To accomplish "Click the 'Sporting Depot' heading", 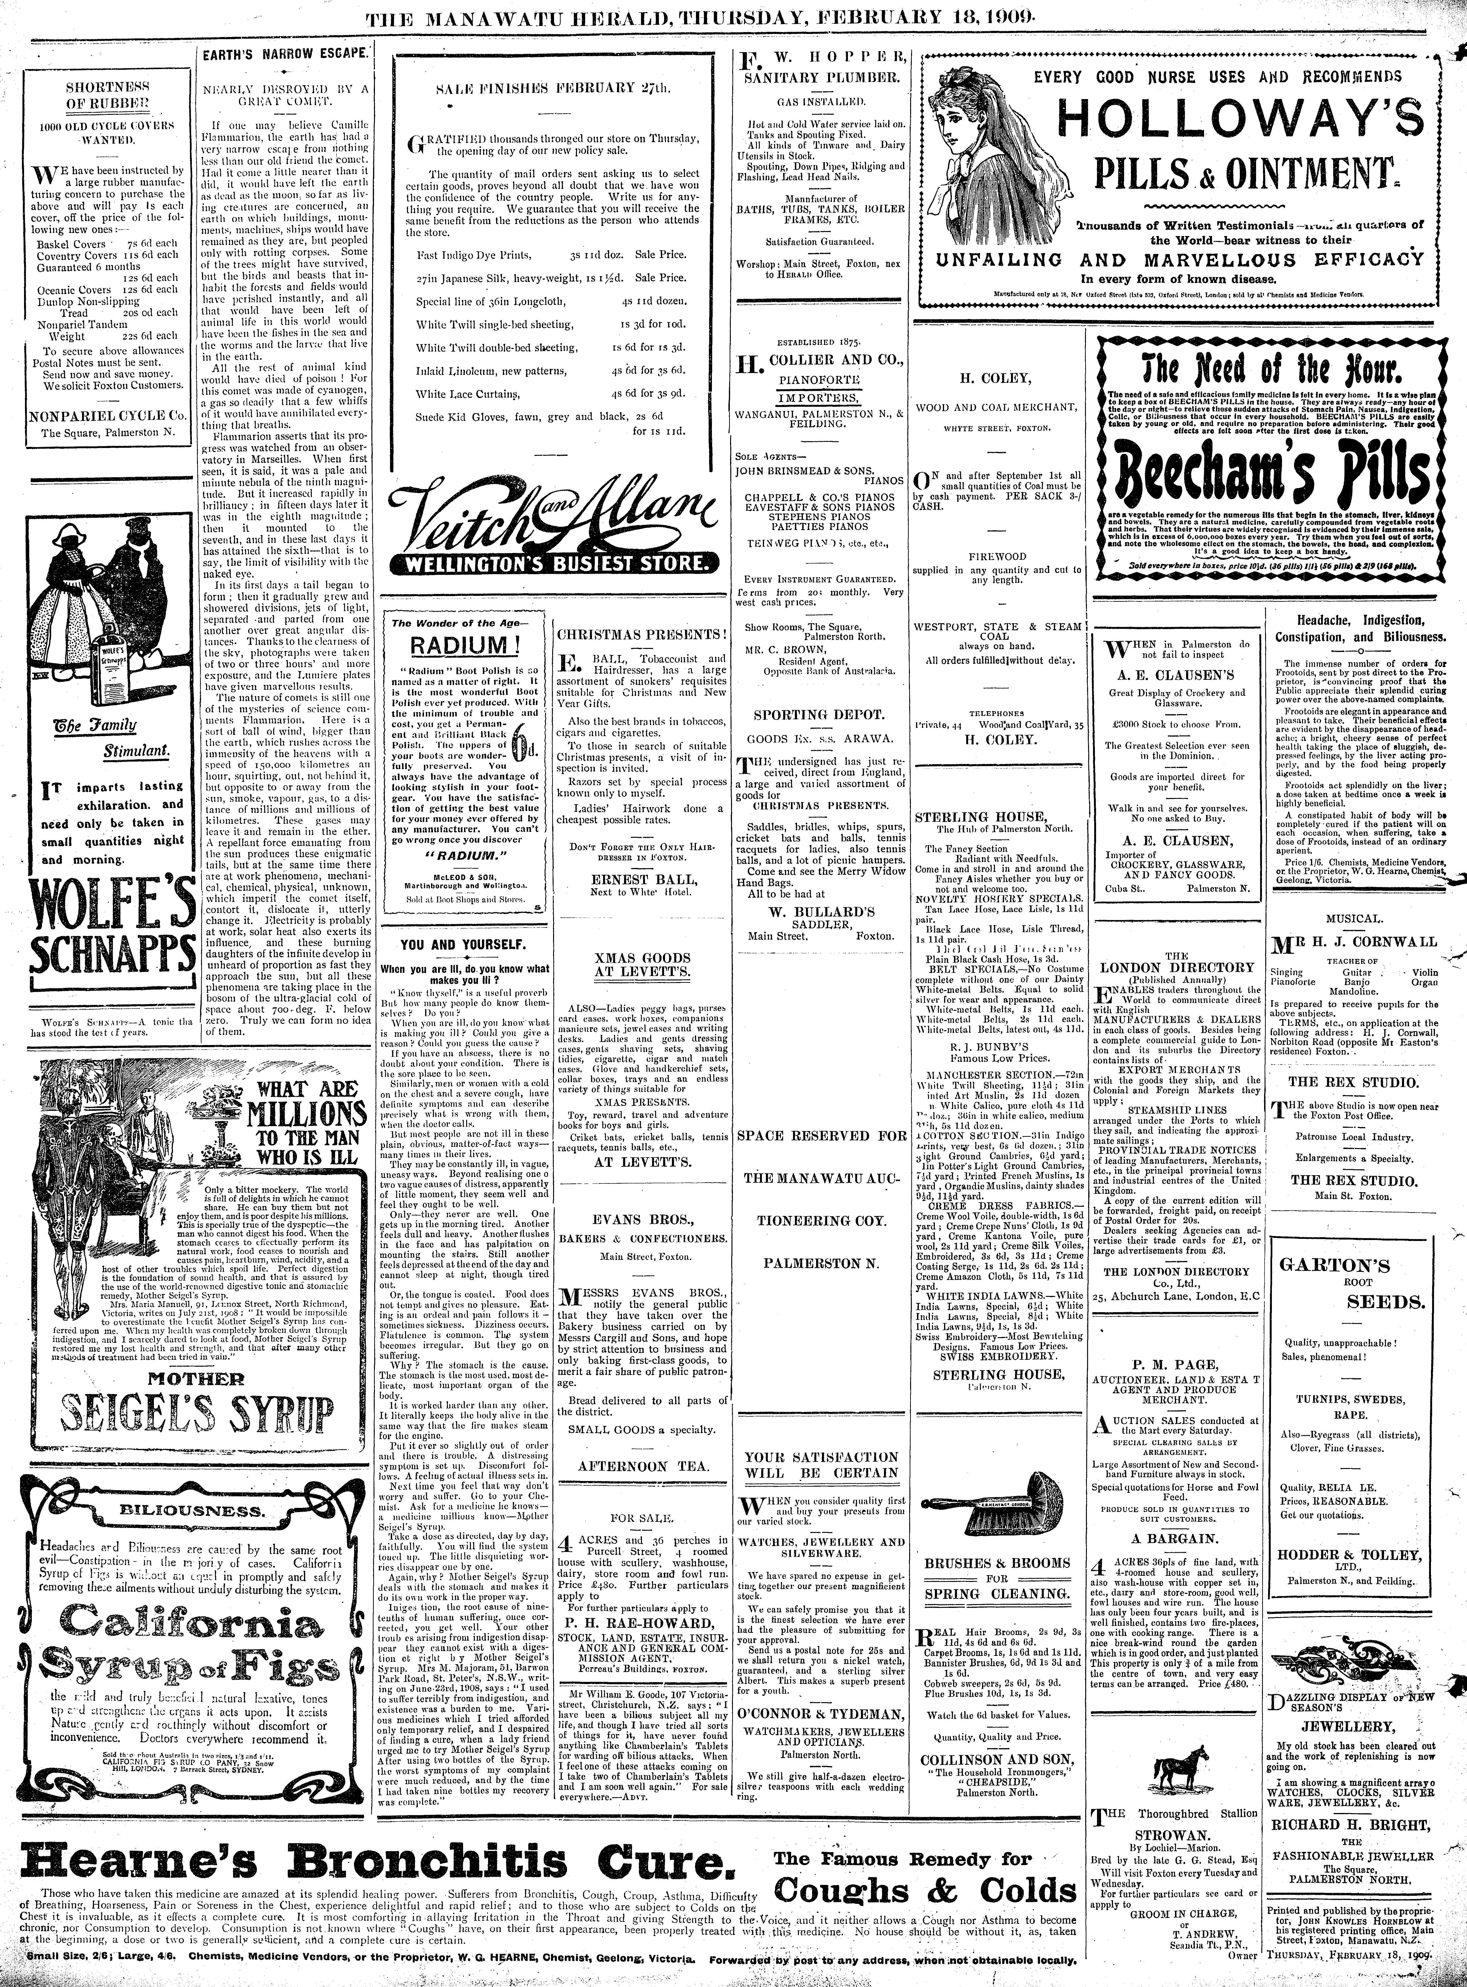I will point(818,713).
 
